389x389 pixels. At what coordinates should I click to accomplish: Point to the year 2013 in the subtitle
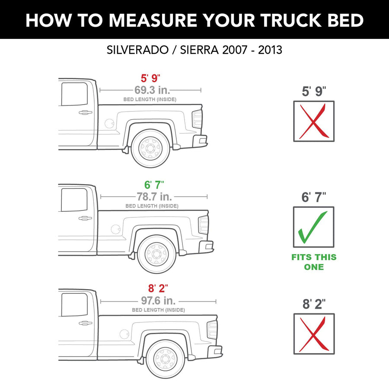(x=270, y=50)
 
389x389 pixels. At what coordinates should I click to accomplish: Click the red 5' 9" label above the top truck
(x=150, y=78)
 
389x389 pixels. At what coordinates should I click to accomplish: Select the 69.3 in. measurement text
(x=152, y=90)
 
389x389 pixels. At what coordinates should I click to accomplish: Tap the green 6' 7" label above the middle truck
(x=154, y=185)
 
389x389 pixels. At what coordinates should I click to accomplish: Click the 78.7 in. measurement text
(x=154, y=197)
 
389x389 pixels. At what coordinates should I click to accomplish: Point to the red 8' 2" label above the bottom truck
(x=158, y=289)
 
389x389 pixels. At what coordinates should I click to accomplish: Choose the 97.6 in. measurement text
(x=158, y=301)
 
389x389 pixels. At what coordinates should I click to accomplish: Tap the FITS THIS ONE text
(x=314, y=262)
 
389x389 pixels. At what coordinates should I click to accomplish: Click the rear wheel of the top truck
(x=150, y=149)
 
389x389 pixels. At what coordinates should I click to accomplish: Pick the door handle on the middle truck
(x=85, y=218)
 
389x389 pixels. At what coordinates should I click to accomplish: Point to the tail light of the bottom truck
(x=212, y=330)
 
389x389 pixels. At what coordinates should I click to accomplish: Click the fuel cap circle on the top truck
(x=109, y=124)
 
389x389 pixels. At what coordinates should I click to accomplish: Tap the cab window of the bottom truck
(x=74, y=305)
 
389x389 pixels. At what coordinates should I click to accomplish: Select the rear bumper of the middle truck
(x=206, y=247)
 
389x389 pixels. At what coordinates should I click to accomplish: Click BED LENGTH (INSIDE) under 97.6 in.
(x=158, y=310)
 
